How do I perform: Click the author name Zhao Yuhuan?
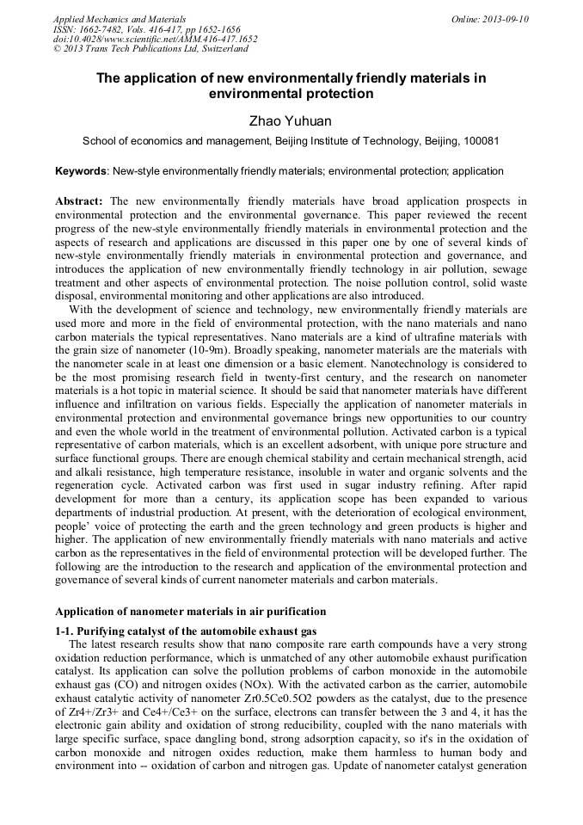click(x=291, y=120)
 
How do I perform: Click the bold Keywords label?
click(x=82, y=171)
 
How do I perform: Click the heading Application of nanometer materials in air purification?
click(x=190, y=612)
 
